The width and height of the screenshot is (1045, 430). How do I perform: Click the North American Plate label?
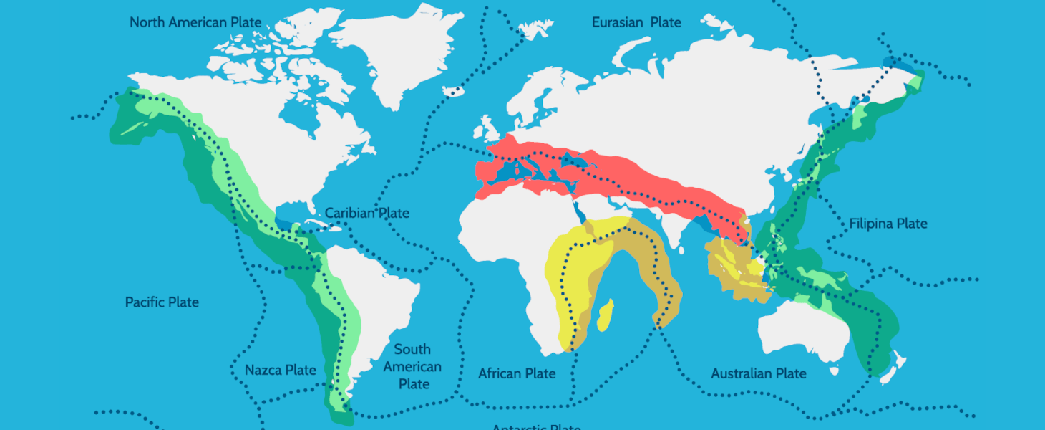click(195, 23)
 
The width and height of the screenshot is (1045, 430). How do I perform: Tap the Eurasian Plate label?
click(636, 23)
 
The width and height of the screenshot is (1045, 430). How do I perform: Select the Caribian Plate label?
click(367, 214)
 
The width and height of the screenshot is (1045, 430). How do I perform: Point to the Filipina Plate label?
click(888, 224)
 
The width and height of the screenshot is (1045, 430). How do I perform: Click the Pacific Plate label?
click(162, 302)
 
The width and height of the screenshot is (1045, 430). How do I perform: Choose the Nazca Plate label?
click(280, 371)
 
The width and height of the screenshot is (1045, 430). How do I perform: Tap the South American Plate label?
click(413, 366)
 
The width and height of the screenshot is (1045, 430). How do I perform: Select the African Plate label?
click(517, 373)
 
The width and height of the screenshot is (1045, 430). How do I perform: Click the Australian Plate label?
click(759, 373)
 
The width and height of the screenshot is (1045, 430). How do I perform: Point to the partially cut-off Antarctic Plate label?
click(536, 426)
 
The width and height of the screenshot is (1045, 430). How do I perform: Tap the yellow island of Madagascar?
click(604, 315)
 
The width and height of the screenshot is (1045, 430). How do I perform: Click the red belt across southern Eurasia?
click(630, 172)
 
